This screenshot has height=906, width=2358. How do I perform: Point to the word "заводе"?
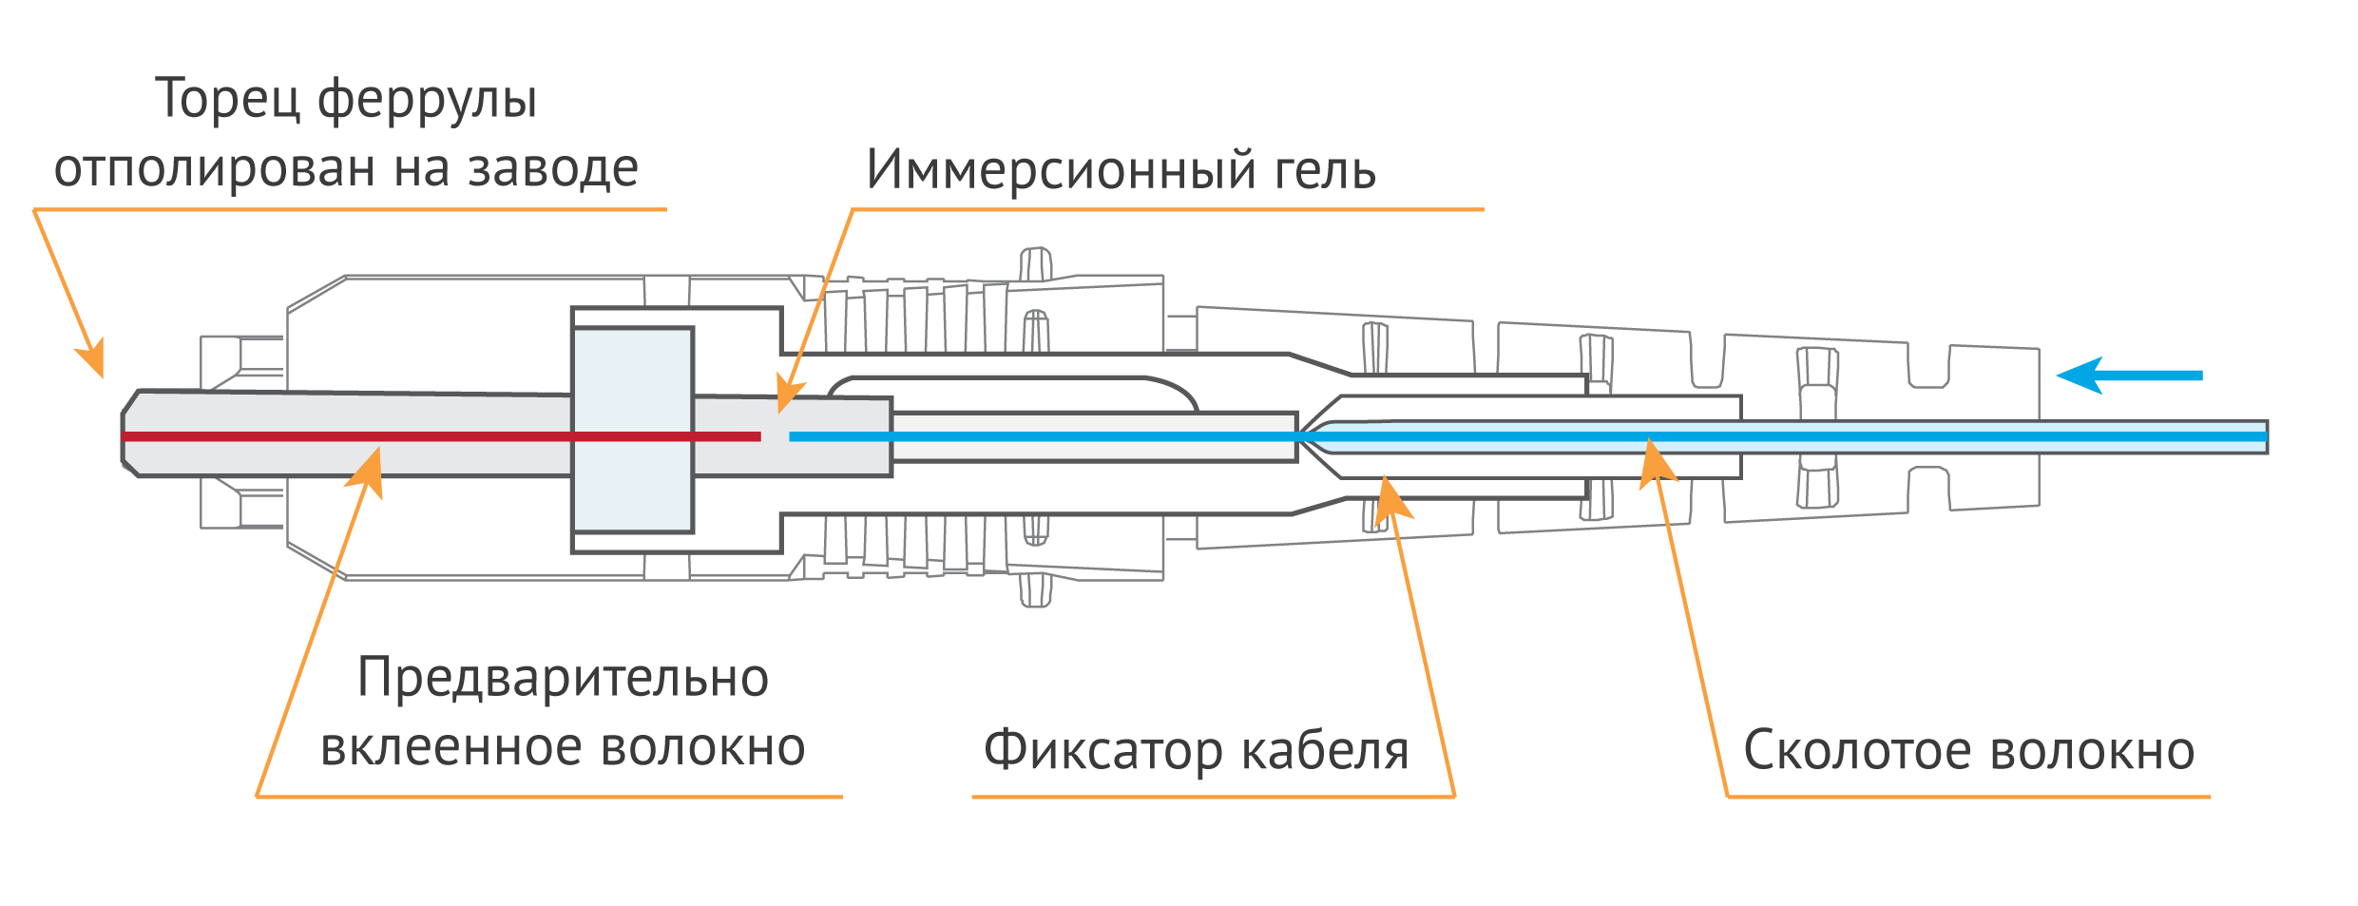(x=552, y=169)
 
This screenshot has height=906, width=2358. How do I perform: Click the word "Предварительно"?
(x=563, y=679)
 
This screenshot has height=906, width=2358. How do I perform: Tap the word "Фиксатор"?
(x=1103, y=751)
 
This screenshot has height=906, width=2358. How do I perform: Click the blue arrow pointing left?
(x=2129, y=376)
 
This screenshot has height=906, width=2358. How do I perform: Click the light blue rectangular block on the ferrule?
(x=633, y=430)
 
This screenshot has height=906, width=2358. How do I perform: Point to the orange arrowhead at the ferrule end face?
(x=93, y=358)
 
